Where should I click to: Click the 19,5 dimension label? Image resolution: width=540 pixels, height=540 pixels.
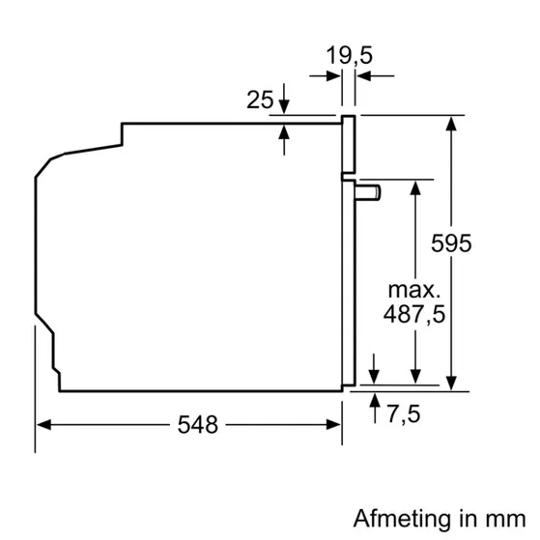pyautogui.click(x=349, y=56)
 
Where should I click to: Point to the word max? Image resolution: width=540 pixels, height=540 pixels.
pyautogui.click(x=414, y=290)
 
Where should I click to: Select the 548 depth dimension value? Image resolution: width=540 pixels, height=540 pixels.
pyautogui.click(x=198, y=424)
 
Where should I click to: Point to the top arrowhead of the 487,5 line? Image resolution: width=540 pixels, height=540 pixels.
pyautogui.click(x=415, y=185)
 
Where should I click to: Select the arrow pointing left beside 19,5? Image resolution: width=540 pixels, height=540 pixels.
pyautogui.click(x=364, y=73)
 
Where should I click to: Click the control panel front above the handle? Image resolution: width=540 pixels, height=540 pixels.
pyautogui.click(x=350, y=146)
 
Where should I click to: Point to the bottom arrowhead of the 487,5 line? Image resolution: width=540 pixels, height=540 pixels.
pyautogui.click(x=415, y=384)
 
